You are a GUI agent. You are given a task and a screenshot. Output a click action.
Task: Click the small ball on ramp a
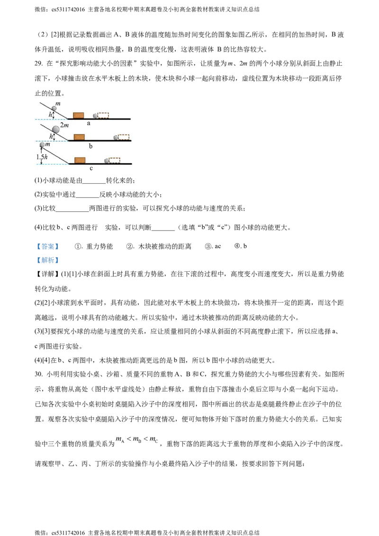pyautogui.click(x=54, y=108)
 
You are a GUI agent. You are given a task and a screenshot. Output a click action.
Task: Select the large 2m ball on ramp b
pyautogui.click(x=56, y=129)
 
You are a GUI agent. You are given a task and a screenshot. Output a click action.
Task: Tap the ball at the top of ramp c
pyautogui.click(x=42, y=145)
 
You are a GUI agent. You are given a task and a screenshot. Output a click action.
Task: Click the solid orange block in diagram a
pyautogui.click(x=79, y=115)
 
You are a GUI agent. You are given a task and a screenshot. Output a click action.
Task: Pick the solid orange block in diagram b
pyautogui.click(x=79, y=137)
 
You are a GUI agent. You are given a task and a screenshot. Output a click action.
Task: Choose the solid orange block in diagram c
pyautogui.click(x=80, y=160)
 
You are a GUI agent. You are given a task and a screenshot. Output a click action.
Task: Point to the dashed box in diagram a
pyautogui.click(x=103, y=115)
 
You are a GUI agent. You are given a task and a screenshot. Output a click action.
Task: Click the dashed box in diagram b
pyautogui.click(x=123, y=137)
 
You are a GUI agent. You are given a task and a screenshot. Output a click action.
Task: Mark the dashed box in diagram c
pyautogui.click(x=114, y=160)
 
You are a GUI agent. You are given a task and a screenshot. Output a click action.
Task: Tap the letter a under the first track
pyautogui.click(x=89, y=123)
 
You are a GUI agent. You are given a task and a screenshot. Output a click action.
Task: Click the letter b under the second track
pyautogui.click(x=90, y=146)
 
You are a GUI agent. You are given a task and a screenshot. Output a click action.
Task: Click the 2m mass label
pyautogui.click(x=64, y=125)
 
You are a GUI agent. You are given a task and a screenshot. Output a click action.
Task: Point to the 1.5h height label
pyautogui.click(x=42, y=156)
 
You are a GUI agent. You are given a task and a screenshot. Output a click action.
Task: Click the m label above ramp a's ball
pyautogui.click(x=58, y=103)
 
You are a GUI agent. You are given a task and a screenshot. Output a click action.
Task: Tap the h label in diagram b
pyautogui.click(x=51, y=136)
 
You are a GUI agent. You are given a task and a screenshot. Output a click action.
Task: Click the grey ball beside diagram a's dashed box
pyautogui.click(x=95, y=116)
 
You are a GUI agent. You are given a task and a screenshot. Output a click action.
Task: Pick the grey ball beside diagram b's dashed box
pyautogui.click(x=116, y=137)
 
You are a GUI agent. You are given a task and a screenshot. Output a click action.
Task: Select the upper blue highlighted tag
pyautogui.click(x=47, y=246)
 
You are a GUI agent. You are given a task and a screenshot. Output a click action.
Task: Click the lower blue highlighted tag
pyautogui.click(x=47, y=259)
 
